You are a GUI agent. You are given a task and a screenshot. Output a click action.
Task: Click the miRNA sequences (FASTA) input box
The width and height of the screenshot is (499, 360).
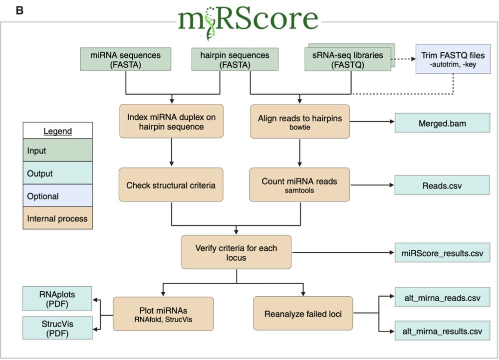click(126, 59)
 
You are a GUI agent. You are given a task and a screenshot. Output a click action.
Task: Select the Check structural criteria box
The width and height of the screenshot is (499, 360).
click(171, 185)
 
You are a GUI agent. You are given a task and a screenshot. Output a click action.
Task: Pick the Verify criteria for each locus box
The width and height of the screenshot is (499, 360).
click(236, 253)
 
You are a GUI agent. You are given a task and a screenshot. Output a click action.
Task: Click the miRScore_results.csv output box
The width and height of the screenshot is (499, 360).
click(439, 253)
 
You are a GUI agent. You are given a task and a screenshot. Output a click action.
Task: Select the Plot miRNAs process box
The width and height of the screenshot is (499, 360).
click(163, 314)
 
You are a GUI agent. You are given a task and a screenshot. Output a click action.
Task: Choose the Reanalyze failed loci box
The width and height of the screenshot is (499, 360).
click(303, 314)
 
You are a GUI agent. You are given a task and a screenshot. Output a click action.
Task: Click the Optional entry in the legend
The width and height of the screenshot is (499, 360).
click(57, 196)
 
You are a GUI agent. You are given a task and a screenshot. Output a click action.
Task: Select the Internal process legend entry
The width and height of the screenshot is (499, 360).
click(57, 218)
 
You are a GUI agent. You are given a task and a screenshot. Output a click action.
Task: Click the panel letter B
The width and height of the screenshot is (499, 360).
click(19, 10)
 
